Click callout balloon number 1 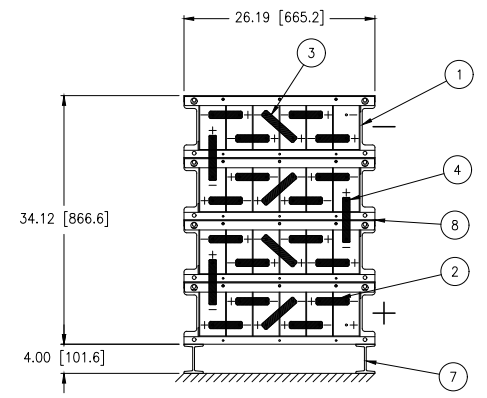point(459,74)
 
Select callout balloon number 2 point(455,272)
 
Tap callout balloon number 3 point(311,53)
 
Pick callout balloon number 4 point(457,170)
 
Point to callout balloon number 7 point(453,377)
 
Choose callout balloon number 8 point(455,225)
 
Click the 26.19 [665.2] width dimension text point(279,18)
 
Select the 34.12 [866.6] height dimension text point(64,219)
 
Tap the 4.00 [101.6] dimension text point(64,358)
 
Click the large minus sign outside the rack point(384,126)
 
